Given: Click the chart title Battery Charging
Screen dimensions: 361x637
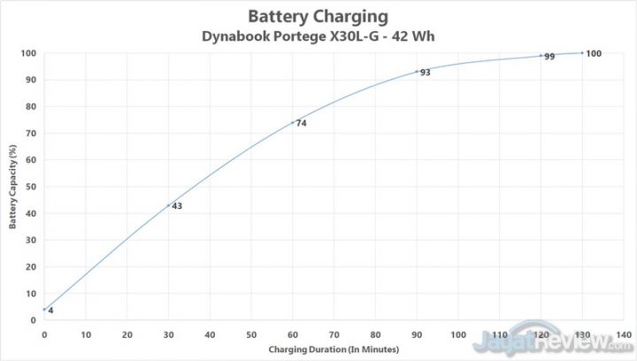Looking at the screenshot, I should click(319, 15).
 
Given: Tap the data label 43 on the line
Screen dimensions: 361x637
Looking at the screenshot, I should click(177, 206).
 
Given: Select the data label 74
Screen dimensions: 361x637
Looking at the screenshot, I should click(301, 124).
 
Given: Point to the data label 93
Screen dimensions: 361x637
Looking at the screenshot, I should click(425, 73).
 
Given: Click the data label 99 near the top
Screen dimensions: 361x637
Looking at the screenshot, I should click(549, 57).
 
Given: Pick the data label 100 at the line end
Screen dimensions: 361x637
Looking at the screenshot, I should click(594, 54).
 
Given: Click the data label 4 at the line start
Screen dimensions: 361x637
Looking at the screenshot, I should click(50, 311).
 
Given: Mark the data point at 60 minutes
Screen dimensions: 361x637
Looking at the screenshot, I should click(293, 122).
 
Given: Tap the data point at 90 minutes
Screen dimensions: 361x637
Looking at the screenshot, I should click(417, 72).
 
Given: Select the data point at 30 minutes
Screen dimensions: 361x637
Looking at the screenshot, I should click(168, 205).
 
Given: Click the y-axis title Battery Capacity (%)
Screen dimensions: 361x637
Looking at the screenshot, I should click(13, 186).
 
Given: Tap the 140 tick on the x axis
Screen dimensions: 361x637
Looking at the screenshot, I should click(623, 335).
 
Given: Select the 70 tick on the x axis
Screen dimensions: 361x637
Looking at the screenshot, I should click(334, 335).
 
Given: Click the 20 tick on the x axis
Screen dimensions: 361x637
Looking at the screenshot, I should click(127, 335).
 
